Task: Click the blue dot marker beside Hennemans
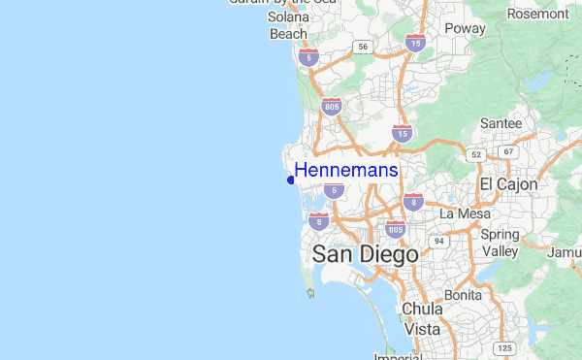[x=291, y=180]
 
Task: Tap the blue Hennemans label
[x=345, y=171]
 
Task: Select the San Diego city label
[x=366, y=254]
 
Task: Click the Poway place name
[x=465, y=28]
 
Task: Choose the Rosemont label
[x=537, y=14]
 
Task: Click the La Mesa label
[x=460, y=213]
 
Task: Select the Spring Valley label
[x=501, y=243]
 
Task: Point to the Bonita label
[x=463, y=294]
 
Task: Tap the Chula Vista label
[x=422, y=319]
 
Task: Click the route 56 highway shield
[x=362, y=46]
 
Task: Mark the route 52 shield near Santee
[x=476, y=154]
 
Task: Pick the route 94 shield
[x=438, y=240]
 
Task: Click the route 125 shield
[x=504, y=347]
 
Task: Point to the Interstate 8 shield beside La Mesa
[x=414, y=202]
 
